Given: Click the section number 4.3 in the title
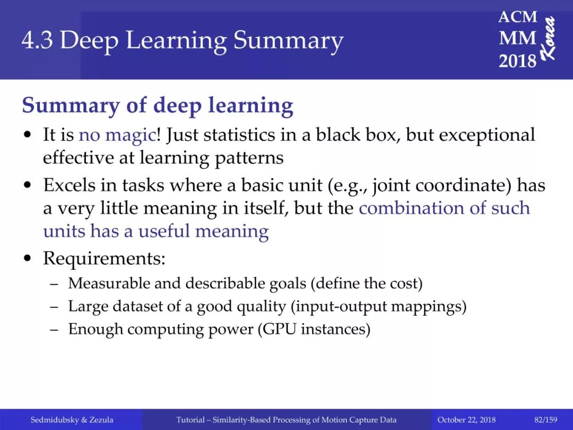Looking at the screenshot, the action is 37,40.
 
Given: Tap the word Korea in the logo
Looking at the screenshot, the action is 548,38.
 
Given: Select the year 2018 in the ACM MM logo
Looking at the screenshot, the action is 517,61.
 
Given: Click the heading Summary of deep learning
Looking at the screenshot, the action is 158,106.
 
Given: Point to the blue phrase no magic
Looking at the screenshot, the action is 117,135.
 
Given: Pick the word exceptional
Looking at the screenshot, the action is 487,135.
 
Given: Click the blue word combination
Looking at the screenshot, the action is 411,208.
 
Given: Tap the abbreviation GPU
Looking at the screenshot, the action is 280,329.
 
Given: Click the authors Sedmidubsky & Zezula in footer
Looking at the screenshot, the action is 72,420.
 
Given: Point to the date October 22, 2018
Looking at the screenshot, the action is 466,420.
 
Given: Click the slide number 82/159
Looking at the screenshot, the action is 545,420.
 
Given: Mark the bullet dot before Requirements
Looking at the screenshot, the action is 27,258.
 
